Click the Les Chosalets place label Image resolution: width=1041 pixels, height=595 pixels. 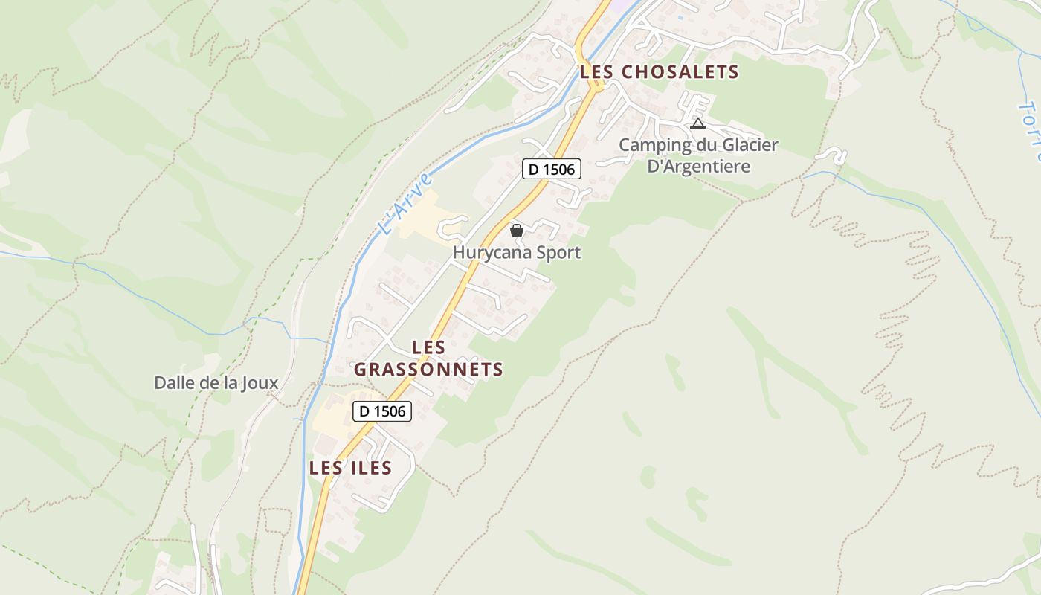tap(660, 72)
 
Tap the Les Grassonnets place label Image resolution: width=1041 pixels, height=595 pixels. tap(428, 358)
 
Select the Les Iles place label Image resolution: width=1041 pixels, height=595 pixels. tap(350, 468)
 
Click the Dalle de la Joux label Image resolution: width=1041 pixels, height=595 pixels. tap(216, 383)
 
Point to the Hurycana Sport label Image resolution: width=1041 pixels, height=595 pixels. tap(517, 253)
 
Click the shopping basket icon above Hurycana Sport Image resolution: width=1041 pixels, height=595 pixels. tap(517, 231)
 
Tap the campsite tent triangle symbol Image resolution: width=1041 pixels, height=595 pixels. tap(697, 123)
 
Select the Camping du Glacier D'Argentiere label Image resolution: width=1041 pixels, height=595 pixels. tap(698, 155)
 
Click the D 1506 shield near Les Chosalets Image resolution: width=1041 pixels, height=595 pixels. tap(551, 170)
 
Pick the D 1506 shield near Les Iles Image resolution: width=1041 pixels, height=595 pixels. tap(382, 411)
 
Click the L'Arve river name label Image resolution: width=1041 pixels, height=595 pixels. tap(405, 204)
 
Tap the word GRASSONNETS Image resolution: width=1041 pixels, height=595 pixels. tap(428, 370)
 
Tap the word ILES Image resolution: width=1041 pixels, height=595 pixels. tap(370, 468)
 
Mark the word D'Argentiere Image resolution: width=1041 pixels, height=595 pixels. tap(698, 166)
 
